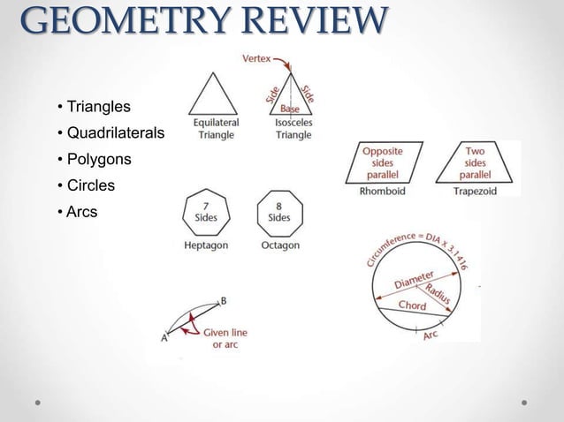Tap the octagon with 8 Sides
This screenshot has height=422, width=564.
pos(278,212)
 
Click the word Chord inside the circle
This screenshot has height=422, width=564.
pos(411,305)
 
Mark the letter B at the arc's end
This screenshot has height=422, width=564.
pos(224,300)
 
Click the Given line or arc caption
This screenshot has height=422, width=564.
pos(225,338)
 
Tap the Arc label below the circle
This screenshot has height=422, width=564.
pos(431,335)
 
